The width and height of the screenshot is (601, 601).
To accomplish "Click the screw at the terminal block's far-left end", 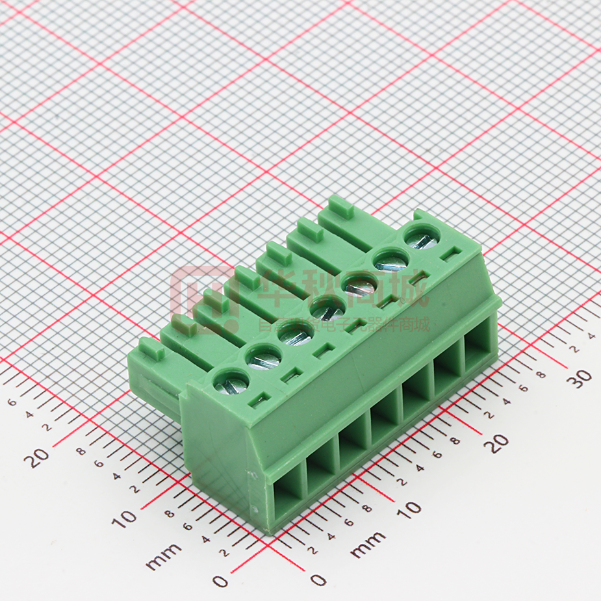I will (231, 382).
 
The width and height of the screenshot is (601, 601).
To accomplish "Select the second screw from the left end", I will (264, 359).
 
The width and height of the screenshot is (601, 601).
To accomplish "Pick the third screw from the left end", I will (296, 335).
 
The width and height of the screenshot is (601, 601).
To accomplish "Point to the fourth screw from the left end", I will (327, 309).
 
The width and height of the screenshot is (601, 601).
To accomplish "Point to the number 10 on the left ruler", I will (123, 517).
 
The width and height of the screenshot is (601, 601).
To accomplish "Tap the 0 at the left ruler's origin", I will (221, 580).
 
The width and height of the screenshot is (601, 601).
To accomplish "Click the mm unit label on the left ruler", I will (164, 557).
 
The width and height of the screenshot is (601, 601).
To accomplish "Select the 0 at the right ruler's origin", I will (318, 580).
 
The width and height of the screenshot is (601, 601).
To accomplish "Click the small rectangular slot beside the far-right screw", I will (448, 256).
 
